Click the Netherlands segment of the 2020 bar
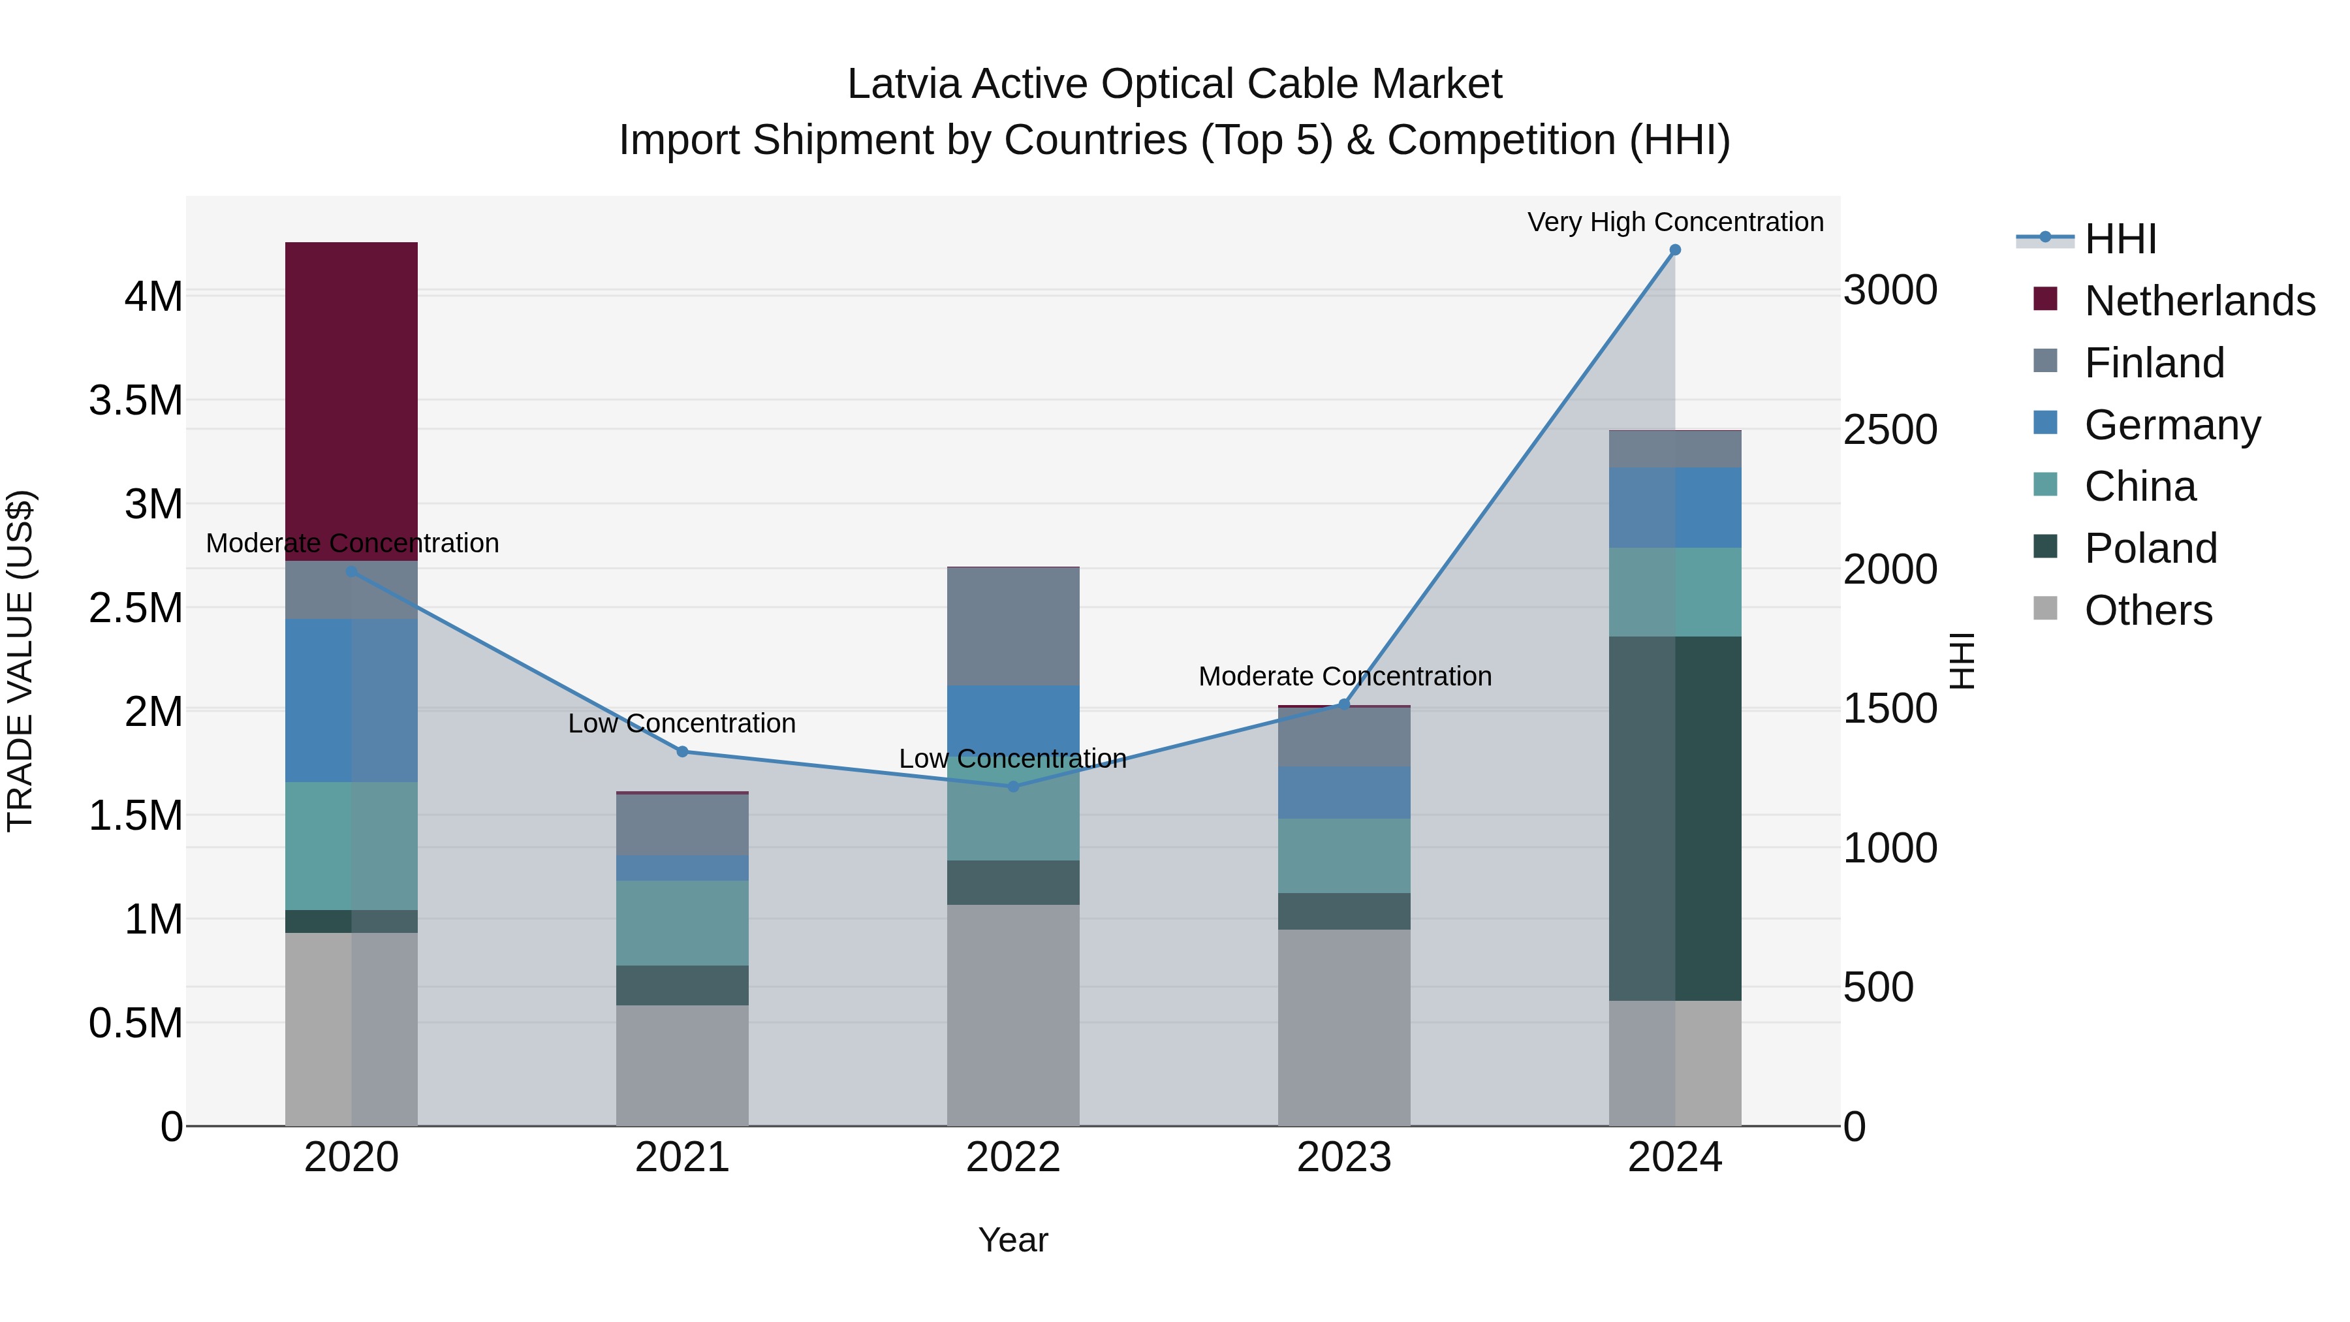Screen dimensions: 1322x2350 click(351, 401)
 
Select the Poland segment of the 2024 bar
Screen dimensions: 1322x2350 click(1675, 819)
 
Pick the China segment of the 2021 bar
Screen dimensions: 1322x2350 click(682, 922)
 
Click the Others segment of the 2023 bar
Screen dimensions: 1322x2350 click(1344, 1028)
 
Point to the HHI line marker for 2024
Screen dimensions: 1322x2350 click(1675, 250)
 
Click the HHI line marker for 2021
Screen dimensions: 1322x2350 click(682, 752)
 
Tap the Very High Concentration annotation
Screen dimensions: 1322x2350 click(1675, 222)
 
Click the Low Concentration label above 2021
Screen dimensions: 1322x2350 click(682, 723)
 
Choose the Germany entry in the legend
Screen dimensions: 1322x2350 click(2171, 425)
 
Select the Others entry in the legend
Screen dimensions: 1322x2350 click(2148, 610)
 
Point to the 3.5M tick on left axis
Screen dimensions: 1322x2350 click(136, 401)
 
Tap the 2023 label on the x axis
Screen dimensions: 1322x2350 click(1344, 1157)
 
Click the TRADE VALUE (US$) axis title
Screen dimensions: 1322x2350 click(20, 661)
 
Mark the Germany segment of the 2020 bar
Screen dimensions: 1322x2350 click(351, 700)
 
